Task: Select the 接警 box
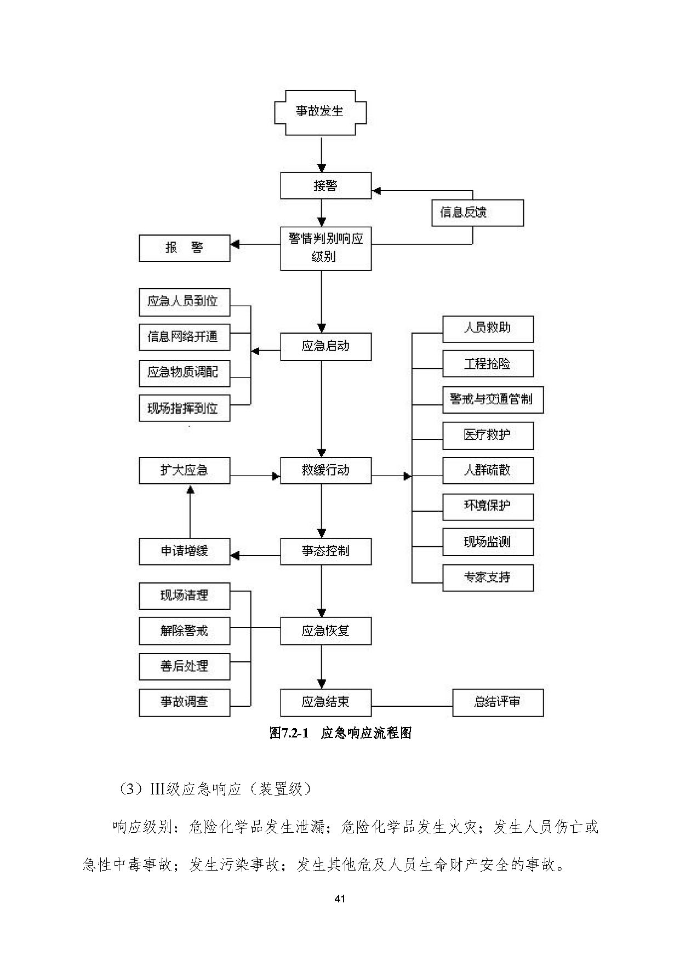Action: tap(325, 186)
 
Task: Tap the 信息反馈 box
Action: tap(477, 213)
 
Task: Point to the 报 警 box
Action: tap(185, 248)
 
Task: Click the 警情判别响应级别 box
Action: tap(325, 248)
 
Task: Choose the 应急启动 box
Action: tap(325, 346)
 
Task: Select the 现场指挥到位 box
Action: tap(185, 408)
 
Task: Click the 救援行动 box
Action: tap(325, 471)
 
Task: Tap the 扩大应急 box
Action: tap(185, 471)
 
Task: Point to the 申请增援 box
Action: tap(185, 551)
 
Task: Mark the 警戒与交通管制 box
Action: tap(493, 399)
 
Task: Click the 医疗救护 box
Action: tap(488, 436)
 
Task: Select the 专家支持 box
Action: tap(488, 577)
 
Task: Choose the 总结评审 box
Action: tap(498, 702)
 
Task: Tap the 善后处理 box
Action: tap(185, 666)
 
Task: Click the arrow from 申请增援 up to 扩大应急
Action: tap(190, 513)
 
